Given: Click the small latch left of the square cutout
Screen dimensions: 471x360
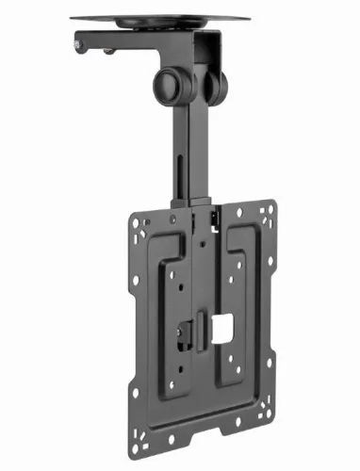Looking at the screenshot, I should click(187, 332).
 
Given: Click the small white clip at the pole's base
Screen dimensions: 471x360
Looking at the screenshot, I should click(216, 222).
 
